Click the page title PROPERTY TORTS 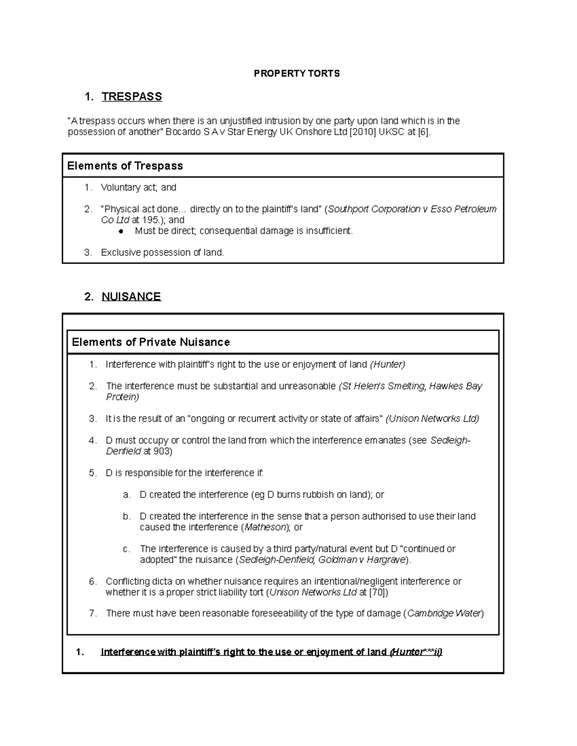click(297, 73)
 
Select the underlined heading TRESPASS click(132, 97)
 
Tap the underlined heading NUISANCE click(131, 296)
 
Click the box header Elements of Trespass click(125, 166)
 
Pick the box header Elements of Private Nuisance click(151, 342)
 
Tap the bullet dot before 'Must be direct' click(121, 231)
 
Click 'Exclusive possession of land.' click(163, 253)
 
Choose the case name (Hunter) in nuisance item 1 click(388, 365)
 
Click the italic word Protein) click(123, 397)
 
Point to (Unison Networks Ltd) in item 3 click(432, 419)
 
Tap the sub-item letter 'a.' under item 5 click(126, 495)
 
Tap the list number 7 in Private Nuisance click(93, 613)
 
